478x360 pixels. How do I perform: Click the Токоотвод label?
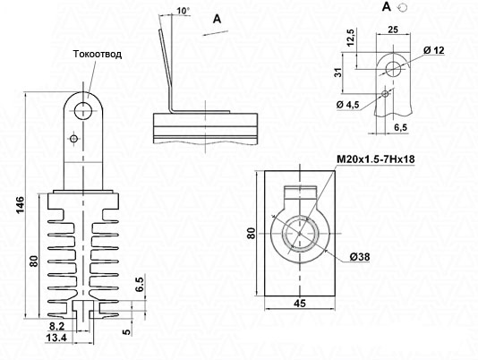click(x=98, y=54)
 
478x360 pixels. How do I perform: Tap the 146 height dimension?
click(x=20, y=205)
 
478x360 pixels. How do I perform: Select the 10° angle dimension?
click(x=183, y=11)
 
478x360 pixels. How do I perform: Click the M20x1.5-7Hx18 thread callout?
click(x=376, y=159)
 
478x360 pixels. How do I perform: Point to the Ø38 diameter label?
click(x=360, y=257)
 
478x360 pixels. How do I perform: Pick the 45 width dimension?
click(x=300, y=304)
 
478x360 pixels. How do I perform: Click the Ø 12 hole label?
click(x=434, y=50)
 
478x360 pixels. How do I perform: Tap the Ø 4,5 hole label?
click(x=348, y=105)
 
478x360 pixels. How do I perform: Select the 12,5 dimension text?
click(x=351, y=38)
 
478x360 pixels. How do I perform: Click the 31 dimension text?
click(x=338, y=73)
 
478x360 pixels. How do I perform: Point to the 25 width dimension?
click(x=393, y=30)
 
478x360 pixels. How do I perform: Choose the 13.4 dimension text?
click(x=55, y=338)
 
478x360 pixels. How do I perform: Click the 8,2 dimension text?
click(x=56, y=327)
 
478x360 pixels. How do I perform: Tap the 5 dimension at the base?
click(x=127, y=331)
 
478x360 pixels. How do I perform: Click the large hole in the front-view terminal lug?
click(x=83, y=110)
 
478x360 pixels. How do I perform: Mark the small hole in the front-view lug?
click(x=73, y=139)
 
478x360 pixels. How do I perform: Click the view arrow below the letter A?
click(x=216, y=33)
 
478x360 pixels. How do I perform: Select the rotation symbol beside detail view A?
click(x=403, y=7)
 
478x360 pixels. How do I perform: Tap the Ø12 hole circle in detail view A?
click(x=393, y=69)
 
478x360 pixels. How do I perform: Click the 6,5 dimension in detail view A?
click(x=401, y=127)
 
